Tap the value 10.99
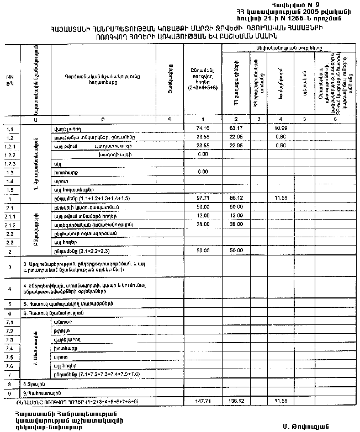pos(280,128)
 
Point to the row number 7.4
pos(9,348)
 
